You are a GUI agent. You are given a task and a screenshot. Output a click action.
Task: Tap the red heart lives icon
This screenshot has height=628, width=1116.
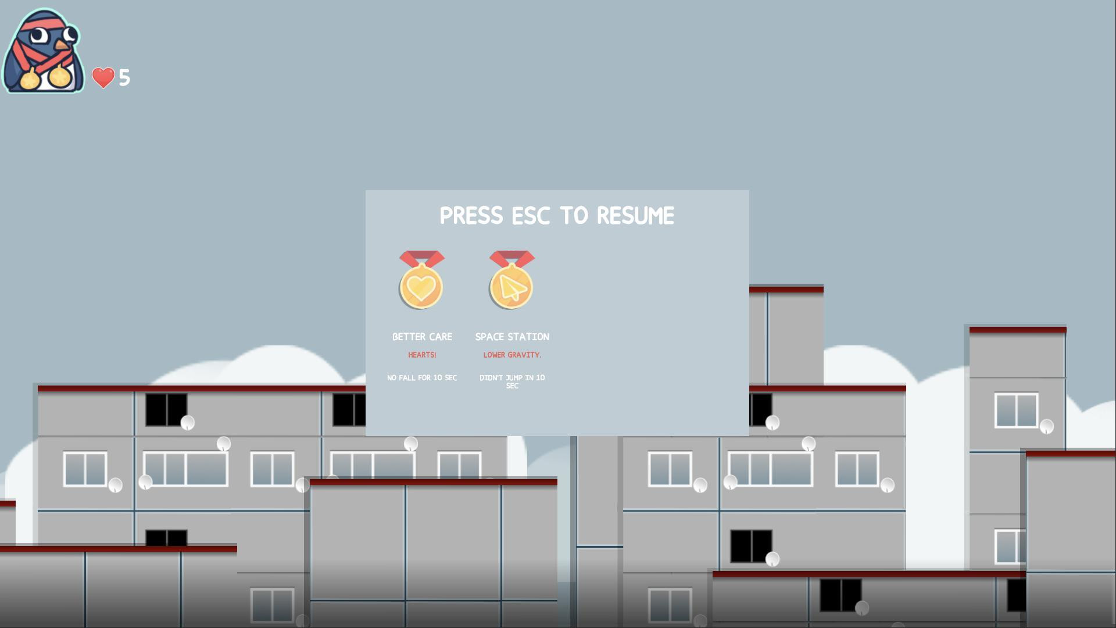[103, 78]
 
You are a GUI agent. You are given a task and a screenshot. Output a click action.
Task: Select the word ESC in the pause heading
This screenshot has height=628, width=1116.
[531, 216]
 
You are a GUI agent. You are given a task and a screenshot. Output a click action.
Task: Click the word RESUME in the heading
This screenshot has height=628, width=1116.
[635, 216]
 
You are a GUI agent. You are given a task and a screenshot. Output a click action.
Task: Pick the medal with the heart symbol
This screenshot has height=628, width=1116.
[421, 280]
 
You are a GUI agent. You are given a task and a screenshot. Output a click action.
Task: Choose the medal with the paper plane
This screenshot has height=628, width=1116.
[512, 280]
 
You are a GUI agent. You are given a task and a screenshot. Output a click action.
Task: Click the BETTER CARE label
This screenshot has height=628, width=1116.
[422, 337]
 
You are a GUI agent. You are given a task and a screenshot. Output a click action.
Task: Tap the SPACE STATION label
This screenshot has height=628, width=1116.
[512, 337]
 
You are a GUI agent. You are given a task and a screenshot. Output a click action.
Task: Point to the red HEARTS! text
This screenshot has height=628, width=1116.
[422, 355]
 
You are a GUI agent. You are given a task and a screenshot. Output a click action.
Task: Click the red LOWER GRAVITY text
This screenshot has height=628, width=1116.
[512, 355]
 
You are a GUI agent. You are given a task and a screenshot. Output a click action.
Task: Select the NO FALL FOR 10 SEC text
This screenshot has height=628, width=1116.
[422, 378]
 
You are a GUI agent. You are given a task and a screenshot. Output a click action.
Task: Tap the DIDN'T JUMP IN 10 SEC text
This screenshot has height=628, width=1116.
[512, 381]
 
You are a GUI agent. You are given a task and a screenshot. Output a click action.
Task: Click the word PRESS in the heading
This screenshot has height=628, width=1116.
[471, 216]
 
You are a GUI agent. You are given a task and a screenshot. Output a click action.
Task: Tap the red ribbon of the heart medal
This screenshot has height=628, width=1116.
[422, 258]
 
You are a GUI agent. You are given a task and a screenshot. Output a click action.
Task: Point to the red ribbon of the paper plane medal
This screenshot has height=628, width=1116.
[512, 258]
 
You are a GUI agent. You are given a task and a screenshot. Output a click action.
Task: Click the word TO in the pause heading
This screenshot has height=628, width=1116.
[574, 216]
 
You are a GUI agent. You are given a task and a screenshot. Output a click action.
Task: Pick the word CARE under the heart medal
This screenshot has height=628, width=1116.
[440, 337]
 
